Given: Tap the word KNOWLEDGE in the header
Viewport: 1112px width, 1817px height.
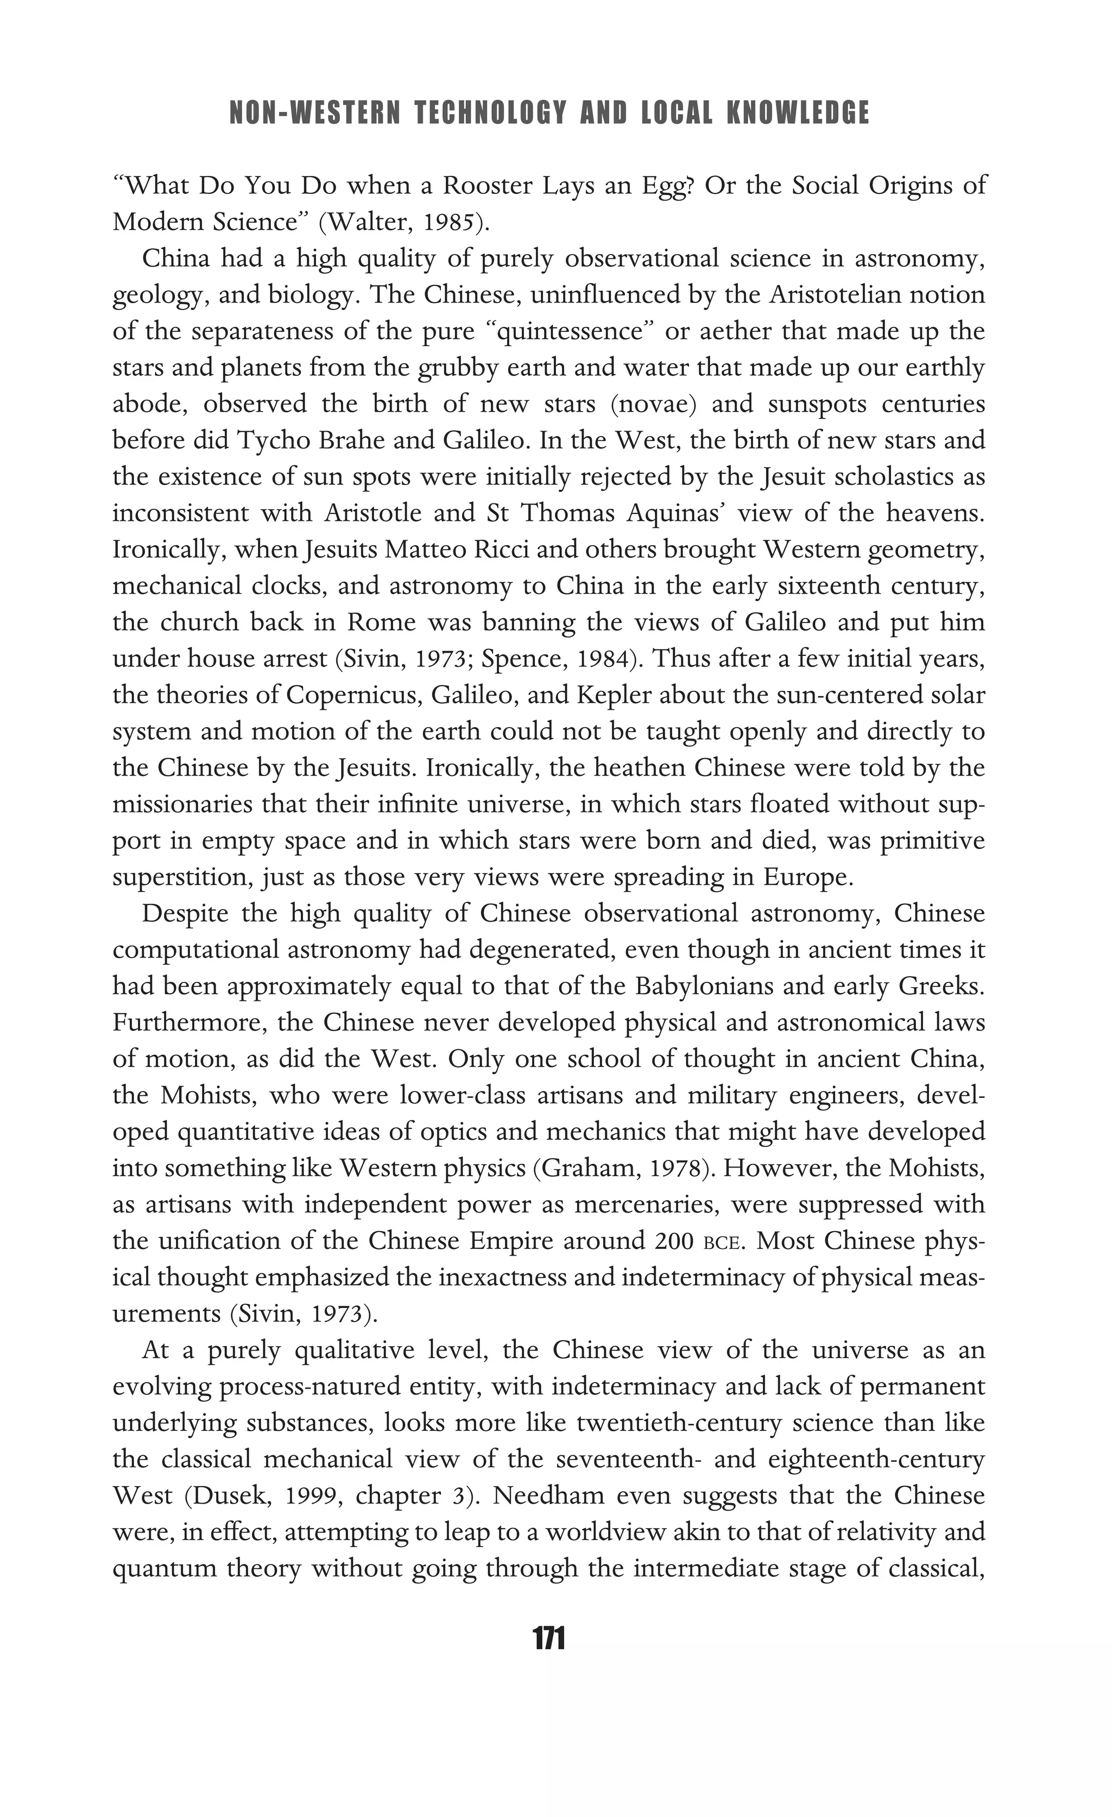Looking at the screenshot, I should click(x=798, y=113).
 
